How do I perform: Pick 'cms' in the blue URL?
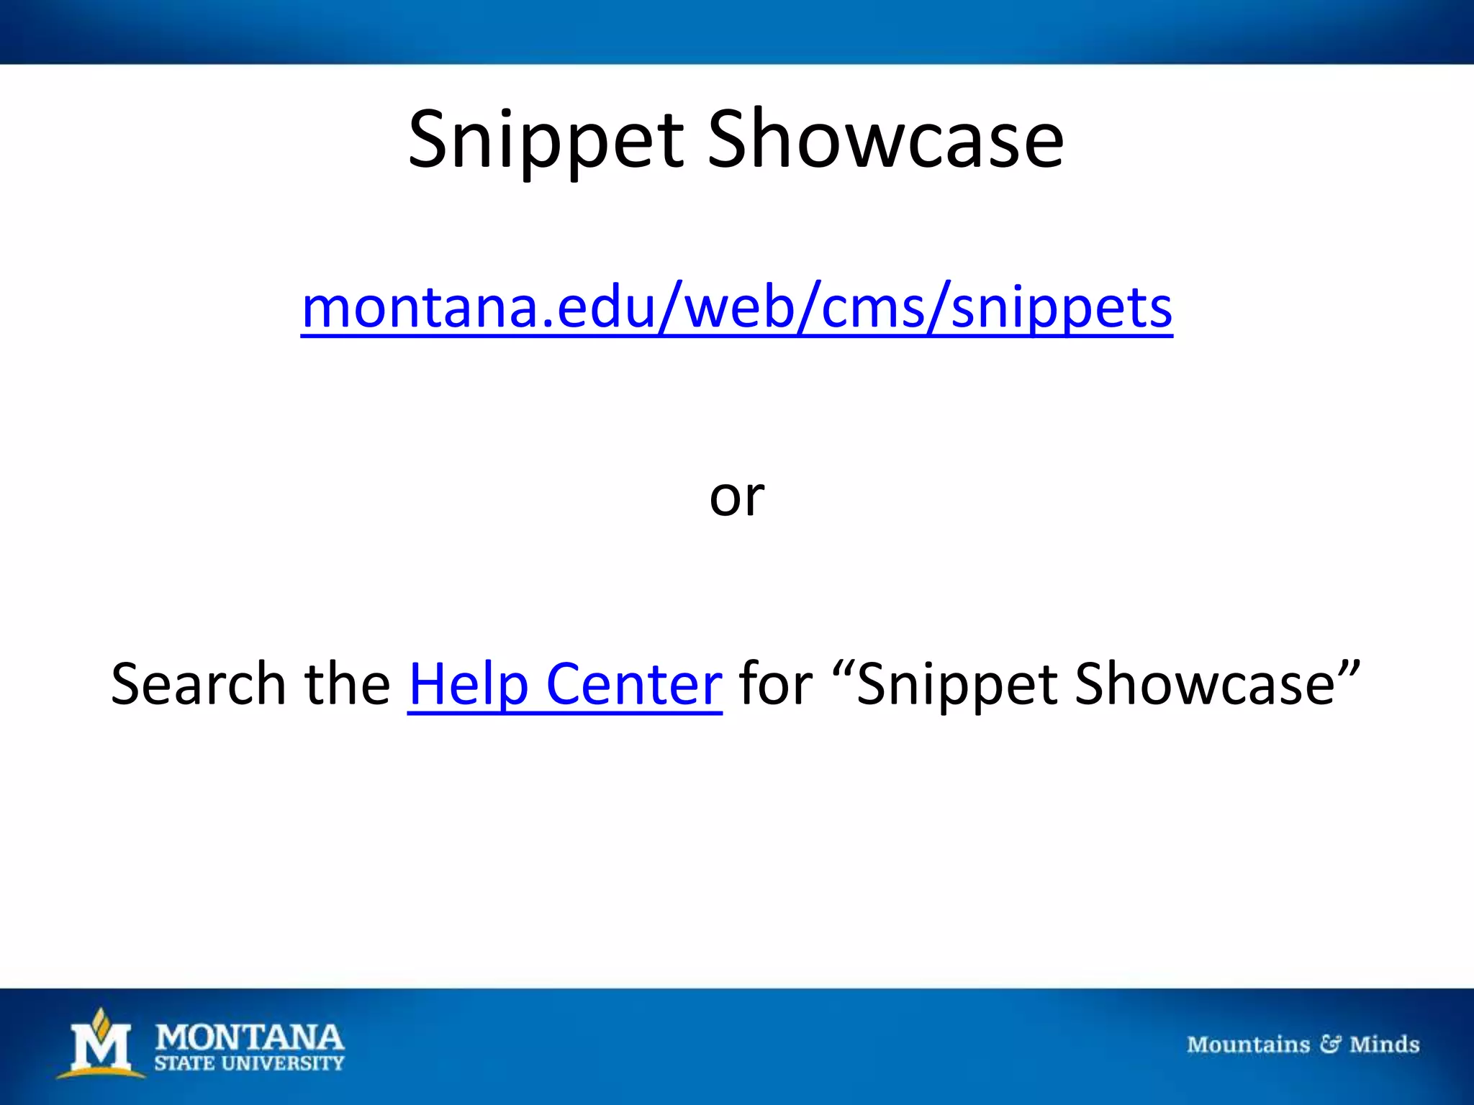872,308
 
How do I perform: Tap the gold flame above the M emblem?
101,1019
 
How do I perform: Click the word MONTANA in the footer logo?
250,1038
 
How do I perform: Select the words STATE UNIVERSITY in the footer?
250,1064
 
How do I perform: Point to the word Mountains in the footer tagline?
1248,1045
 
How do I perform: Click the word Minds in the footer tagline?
1384,1045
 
